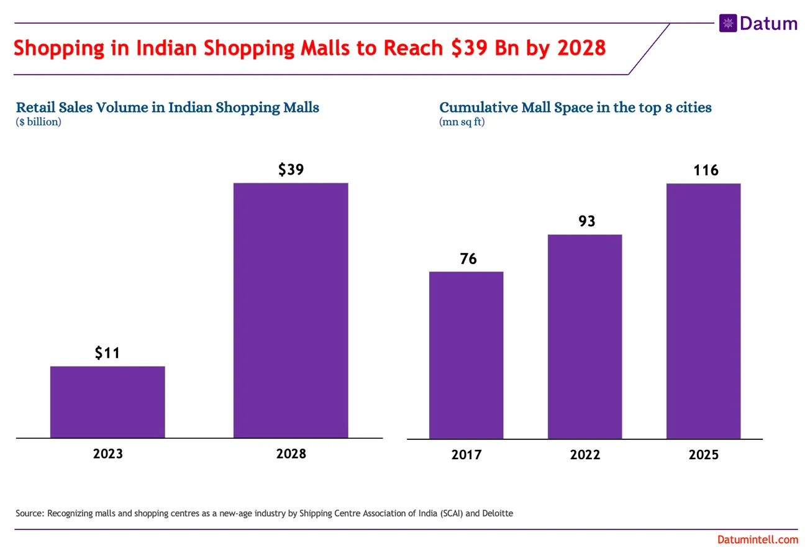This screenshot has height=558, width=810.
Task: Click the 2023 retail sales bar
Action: point(107,402)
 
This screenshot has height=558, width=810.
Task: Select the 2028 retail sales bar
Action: point(291,311)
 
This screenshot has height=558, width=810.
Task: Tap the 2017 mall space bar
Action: point(466,355)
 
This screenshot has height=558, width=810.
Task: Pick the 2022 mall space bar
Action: point(585,336)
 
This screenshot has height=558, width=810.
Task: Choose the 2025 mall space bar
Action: point(703,311)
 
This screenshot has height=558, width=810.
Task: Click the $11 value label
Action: point(107,353)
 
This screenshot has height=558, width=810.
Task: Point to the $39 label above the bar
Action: point(291,169)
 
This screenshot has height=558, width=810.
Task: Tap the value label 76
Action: point(468,258)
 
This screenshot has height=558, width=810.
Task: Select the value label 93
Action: point(586,221)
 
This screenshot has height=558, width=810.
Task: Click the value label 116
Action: point(706,170)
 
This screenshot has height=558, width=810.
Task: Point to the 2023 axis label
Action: point(107,454)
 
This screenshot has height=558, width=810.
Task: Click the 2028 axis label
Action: point(291,454)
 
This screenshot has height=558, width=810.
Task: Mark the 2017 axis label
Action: point(466,455)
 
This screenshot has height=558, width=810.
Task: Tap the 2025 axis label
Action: point(703,455)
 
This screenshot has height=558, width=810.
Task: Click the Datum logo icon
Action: point(727,24)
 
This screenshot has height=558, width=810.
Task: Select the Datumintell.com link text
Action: point(757,540)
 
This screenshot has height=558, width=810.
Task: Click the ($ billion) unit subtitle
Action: point(39,122)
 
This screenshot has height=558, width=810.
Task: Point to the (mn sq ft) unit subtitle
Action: point(462,122)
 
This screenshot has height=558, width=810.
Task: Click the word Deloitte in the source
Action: point(497,513)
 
